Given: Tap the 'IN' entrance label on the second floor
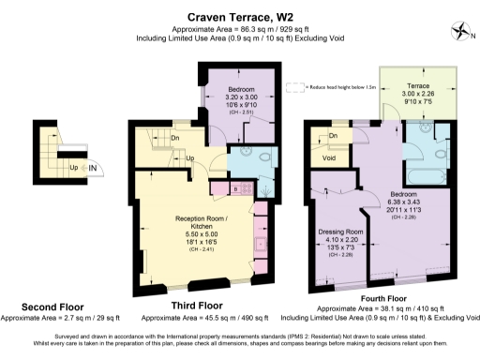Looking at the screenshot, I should (93, 167).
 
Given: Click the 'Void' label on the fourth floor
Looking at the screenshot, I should (329, 158).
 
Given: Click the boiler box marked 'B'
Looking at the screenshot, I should (214, 190).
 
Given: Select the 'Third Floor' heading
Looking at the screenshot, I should (196, 307).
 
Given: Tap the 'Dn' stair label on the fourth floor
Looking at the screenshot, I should (334, 137).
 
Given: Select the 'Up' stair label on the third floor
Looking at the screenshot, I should (188, 158).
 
